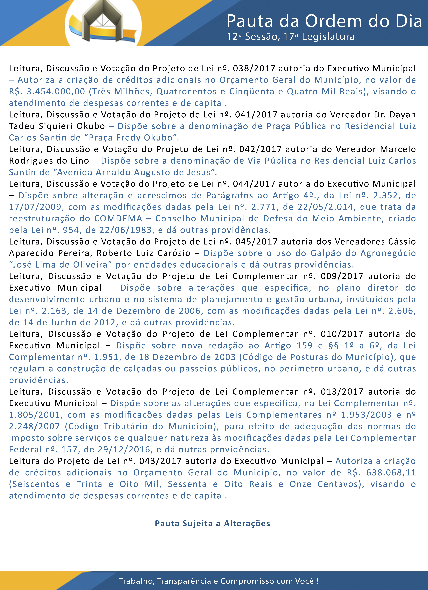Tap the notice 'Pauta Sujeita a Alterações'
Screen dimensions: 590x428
(x=213, y=523)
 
